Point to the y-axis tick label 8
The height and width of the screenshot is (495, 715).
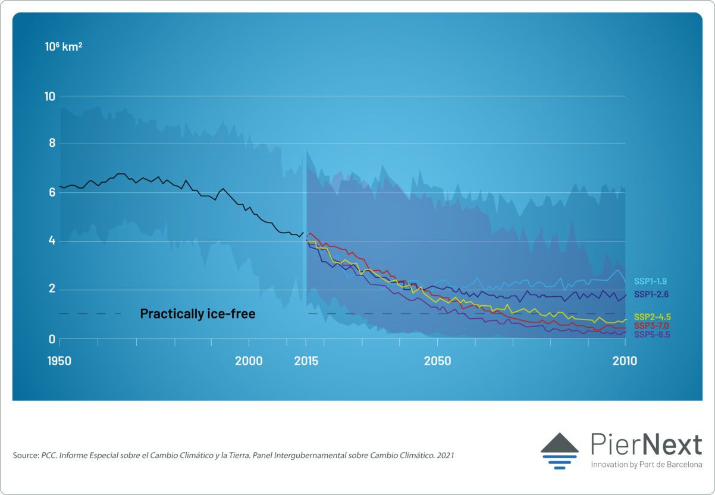[x=52, y=143]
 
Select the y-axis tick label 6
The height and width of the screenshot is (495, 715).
[x=52, y=192]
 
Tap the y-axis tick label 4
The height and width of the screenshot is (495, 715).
[x=52, y=241]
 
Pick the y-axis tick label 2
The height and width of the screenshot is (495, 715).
[x=52, y=290]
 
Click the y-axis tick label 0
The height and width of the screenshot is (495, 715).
[x=52, y=339]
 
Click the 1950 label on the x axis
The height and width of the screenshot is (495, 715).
[x=59, y=361]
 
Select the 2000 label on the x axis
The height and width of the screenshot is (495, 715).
[x=249, y=361]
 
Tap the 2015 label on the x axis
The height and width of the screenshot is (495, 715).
[x=306, y=361]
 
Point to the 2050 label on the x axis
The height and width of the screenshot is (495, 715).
[x=437, y=361]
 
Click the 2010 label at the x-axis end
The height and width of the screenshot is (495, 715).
[x=625, y=361]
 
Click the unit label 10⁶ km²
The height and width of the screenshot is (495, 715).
[x=64, y=46]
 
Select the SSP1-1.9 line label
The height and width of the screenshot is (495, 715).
[x=651, y=280]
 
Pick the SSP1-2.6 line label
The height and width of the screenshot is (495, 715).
[x=651, y=294]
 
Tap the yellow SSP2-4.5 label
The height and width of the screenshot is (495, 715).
[x=652, y=317]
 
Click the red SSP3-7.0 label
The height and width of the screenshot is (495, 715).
[x=652, y=325]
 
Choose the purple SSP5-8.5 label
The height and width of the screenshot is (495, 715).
[x=652, y=334]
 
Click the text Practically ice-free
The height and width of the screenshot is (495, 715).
[x=197, y=314]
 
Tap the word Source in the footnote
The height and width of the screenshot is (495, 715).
[x=25, y=455]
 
